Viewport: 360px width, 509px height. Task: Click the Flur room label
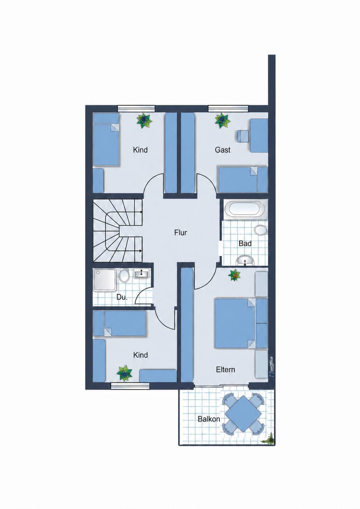[x=181, y=233]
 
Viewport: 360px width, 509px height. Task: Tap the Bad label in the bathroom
[x=245, y=244]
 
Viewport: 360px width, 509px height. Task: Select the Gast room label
[x=222, y=150]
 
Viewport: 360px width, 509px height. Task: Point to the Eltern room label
[x=225, y=369]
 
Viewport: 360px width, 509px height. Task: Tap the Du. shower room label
[x=122, y=297]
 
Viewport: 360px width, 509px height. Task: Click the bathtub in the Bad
[x=245, y=209]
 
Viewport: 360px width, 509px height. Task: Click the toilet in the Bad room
[x=261, y=230]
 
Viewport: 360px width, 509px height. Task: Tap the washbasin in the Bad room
[x=245, y=260]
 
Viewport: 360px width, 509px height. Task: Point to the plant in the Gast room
[x=222, y=121]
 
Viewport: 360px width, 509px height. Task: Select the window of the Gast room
[x=228, y=109]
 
